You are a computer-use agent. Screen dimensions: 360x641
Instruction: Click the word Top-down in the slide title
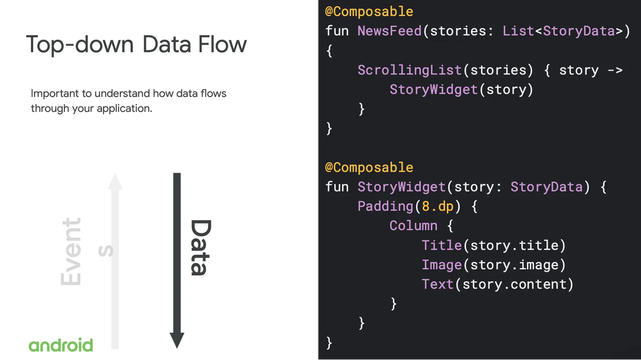pyautogui.click(x=80, y=45)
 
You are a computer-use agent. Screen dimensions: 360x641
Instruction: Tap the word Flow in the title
pyautogui.click(x=222, y=45)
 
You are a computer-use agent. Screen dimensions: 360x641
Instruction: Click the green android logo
pyautogui.click(x=61, y=345)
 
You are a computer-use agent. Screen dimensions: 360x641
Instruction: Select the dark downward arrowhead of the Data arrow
pyautogui.click(x=177, y=340)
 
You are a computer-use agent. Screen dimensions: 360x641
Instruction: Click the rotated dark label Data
pyautogui.click(x=200, y=248)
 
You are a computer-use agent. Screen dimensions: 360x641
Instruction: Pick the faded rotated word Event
pyautogui.click(x=71, y=251)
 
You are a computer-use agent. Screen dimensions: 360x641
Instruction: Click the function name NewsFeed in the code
pyautogui.click(x=389, y=31)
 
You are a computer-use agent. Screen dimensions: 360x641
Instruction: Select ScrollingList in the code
pyautogui.click(x=409, y=70)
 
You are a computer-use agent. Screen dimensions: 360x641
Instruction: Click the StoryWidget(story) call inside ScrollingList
pyautogui.click(x=461, y=90)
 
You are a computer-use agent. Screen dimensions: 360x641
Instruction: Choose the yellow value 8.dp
pyautogui.click(x=437, y=206)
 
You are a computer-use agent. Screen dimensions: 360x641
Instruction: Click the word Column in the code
pyautogui.click(x=413, y=226)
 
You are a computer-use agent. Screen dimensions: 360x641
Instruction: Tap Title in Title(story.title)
pyautogui.click(x=441, y=245)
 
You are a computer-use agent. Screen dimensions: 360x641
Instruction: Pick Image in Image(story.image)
pyautogui.click(x=441, y=265)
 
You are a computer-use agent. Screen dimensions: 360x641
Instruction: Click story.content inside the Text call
pyautogui.click(x=514, y=284)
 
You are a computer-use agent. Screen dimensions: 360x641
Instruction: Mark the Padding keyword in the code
pyautogui.click(x=385, y=206)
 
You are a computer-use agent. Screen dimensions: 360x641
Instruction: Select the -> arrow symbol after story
pyautogui.click(x=615, y=70)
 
